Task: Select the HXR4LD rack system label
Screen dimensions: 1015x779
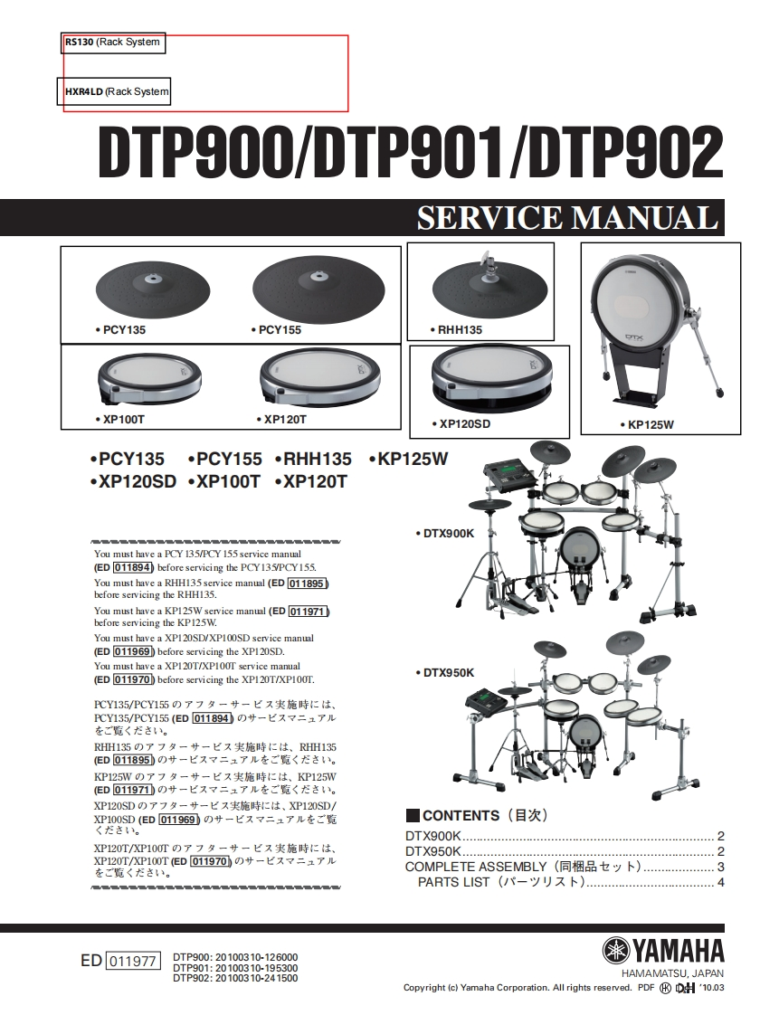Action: (x=83, y=91)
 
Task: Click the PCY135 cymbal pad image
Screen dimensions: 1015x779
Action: (x=146, y=290)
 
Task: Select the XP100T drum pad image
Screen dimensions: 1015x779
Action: (x=149, y=380)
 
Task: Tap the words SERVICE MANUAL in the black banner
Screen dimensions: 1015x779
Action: (x=565, y=218)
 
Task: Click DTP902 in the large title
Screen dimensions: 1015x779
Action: (x=623, y=154)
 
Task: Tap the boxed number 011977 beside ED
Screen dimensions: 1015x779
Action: (x=132, y=962)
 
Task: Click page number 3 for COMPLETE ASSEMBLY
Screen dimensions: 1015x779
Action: (x=720, y=867)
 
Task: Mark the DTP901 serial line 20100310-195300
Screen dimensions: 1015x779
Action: (x=235, y=968)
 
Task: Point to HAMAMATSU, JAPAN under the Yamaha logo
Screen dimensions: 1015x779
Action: (x=673, y=972)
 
